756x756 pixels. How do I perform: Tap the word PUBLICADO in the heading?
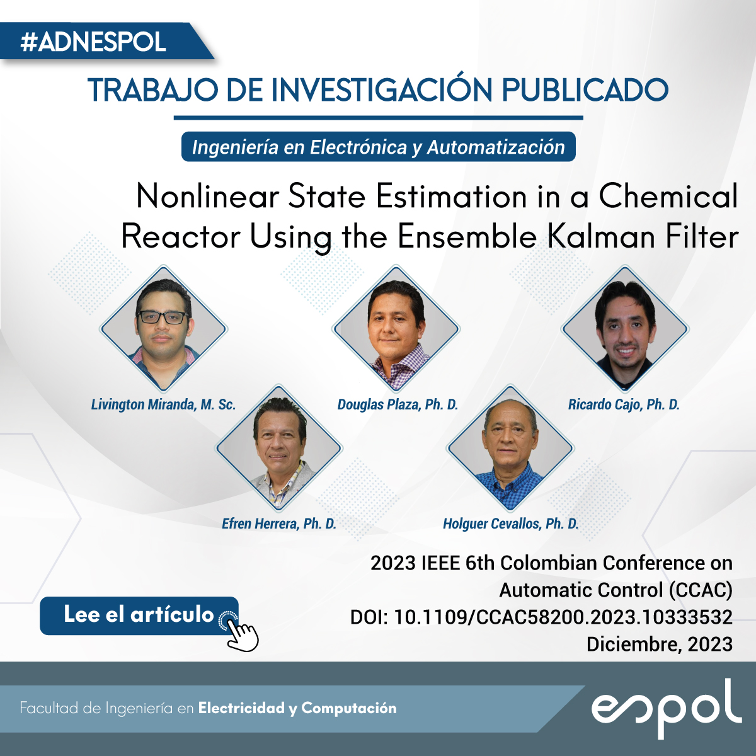(x=585, y=90)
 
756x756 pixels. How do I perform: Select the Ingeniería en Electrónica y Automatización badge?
(x=378, y=147)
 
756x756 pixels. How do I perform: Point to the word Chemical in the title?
(x=668, y=197)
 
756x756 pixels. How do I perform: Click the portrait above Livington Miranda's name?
(x=164, y=328)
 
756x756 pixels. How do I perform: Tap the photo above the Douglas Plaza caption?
(x=396, y=328)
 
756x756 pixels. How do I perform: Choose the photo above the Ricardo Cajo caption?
(x=625, y=328)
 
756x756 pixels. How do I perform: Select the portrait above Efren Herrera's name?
(x=279, y=448)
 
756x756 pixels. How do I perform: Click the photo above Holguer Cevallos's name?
(x=510, y=448)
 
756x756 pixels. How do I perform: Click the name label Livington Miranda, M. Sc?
(x=163, y=404)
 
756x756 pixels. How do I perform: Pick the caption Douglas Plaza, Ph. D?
(x=398, y=404)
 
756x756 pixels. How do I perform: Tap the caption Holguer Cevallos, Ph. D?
(x=511, y=524)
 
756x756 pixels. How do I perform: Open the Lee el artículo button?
(x=139, y=615)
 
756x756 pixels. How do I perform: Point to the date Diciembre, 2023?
(x=660, y=644)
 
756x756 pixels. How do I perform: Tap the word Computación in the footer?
(x=349, y=707)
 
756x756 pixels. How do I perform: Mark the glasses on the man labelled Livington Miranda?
(x=163, y=317)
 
